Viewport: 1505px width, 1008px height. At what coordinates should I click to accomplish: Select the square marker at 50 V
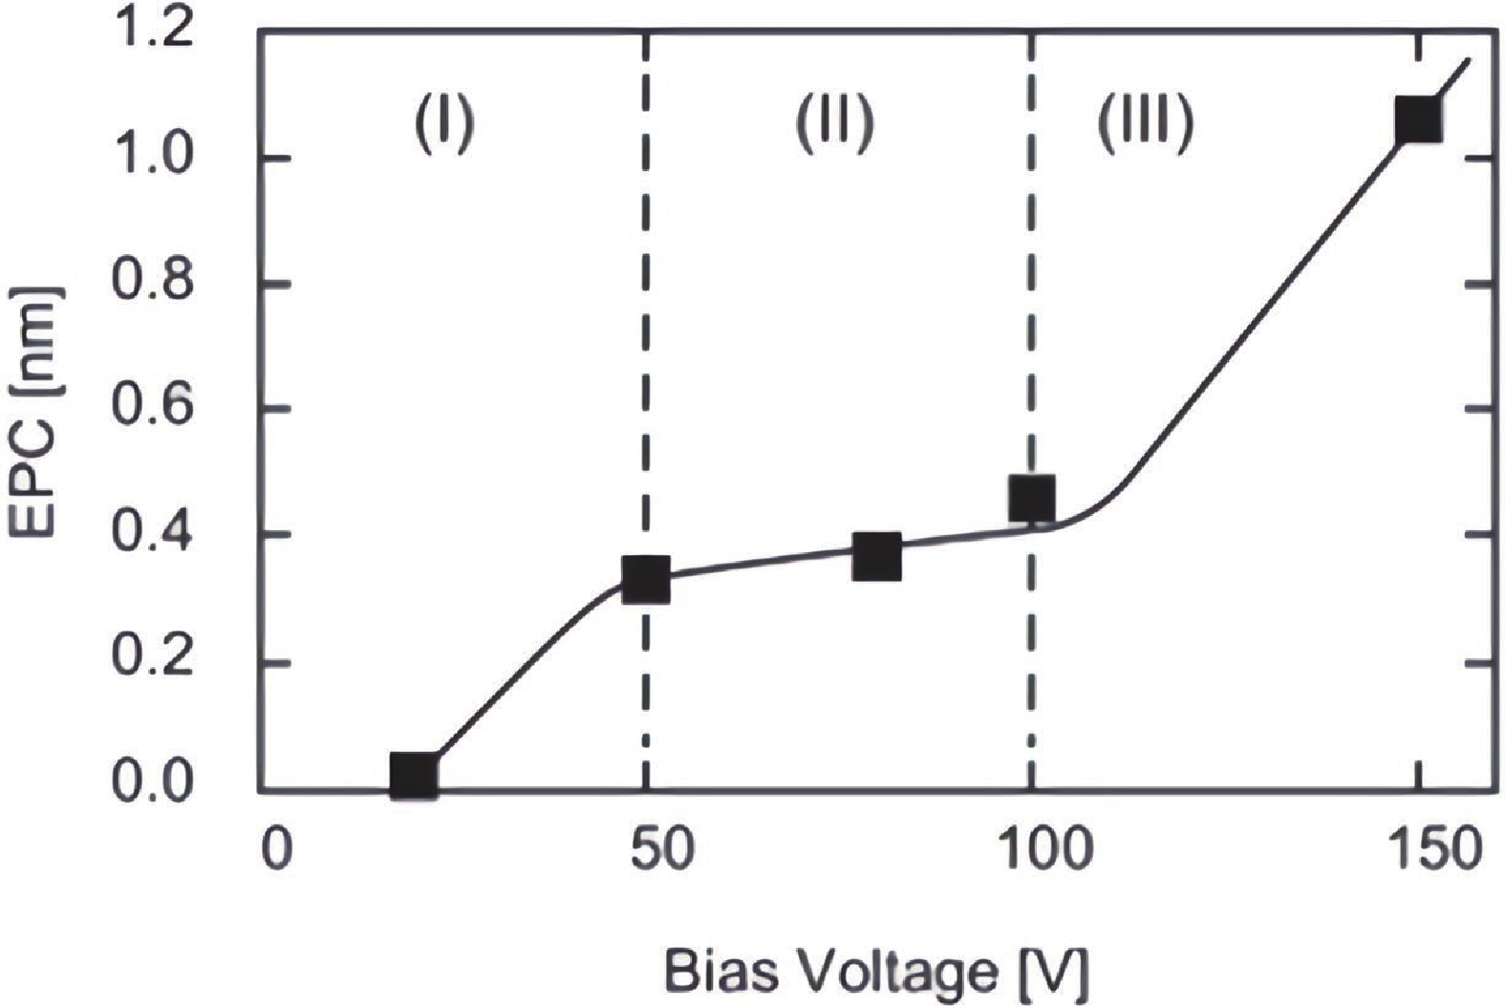(645, 580)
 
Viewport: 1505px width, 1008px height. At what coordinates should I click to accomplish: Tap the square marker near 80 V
(876, 557)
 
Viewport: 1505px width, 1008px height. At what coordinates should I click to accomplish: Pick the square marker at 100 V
(1032, 497)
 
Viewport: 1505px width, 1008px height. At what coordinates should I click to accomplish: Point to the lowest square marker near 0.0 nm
(415, 775)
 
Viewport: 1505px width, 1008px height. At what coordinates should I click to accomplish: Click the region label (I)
(443, 124)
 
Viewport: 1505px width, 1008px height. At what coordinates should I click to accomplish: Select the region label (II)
(835, 124)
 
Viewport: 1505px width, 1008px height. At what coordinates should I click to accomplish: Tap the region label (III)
(1145, 124)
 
